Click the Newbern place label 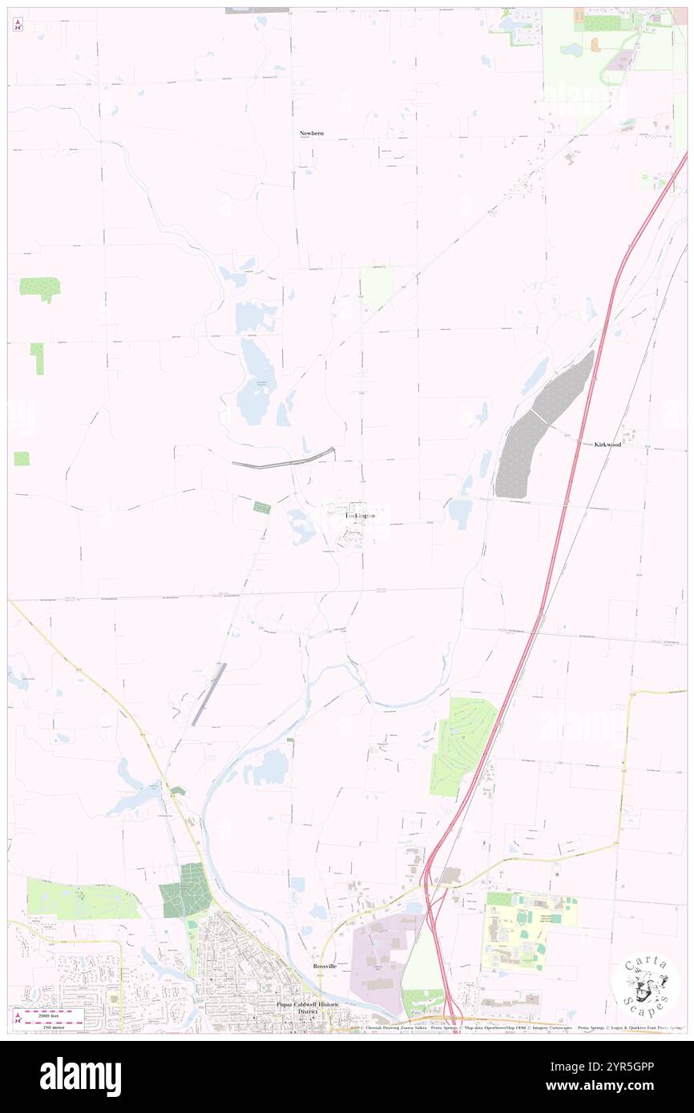click(x=311, y=133)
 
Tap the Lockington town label click(x=360, y=516)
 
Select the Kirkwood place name click(x=607, y=444)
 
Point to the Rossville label click(x=325, y=966)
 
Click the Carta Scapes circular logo click(x=645, y=984)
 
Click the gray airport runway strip click(x=208, y=694)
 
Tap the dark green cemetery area click(x=186, y=890)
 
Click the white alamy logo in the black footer click(x=80, y=1076)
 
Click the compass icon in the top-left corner click(x=18, y=26)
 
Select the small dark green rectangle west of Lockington click(x=262, y=507)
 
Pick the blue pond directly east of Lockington click(x=460, y=512)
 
